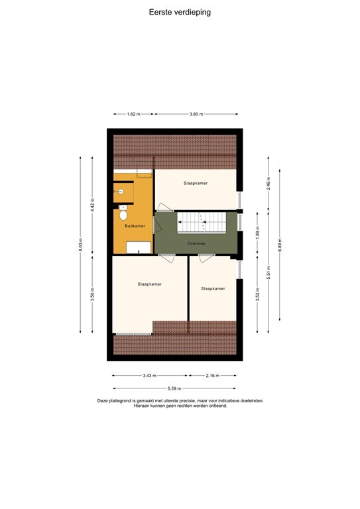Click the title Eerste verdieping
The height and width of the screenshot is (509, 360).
(x=180, y=12)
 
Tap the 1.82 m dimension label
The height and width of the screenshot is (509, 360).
(x=133, y=114)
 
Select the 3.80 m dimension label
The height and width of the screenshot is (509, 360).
(x=196, y=114)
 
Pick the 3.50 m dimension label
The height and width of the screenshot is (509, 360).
(x=93, y=294)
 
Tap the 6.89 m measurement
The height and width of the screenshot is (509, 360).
(x=281, y=244)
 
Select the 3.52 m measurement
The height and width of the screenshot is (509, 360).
(x=257, y=292)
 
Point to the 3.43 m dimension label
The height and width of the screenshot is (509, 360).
(x=150, y=376)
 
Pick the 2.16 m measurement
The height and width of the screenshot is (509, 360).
(x=212, y=376)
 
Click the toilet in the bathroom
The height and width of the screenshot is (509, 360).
(x=123, y=214)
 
